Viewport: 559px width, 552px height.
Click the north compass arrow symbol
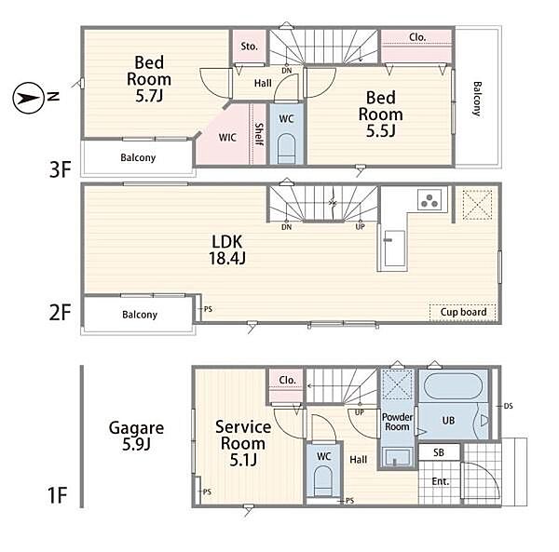click(x=29, y=98)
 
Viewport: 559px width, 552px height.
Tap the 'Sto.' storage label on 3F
click(x=249, y=47)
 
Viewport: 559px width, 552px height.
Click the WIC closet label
click(x=227, y=138)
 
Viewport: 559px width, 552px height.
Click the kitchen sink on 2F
click(x=394, y=248)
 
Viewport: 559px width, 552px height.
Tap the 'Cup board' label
click(x=463, y=312)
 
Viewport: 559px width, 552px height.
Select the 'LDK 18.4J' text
click(x=227, y=249)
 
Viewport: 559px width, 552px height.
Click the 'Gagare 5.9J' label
click(x=136, y=436)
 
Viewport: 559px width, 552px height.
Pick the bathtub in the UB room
click(x=453, y=386)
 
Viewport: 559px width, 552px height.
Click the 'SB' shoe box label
click(x=439, y=452)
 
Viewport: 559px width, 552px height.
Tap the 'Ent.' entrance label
click(x=441, y=481)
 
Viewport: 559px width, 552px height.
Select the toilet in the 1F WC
click(x=323, y=480)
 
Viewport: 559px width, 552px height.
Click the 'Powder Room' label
click(x=397, y=422)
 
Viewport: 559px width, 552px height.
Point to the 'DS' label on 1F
click(x=509, y=406)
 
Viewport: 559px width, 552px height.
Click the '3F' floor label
click(x=61, y=169)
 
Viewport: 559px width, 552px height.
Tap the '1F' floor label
click(x=57, y=495)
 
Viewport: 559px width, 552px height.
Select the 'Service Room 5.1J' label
click(x=243, y=443)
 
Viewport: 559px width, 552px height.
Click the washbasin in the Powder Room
click(x=397, y=457)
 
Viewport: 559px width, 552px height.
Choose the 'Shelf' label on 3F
click(x=259, y=134)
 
